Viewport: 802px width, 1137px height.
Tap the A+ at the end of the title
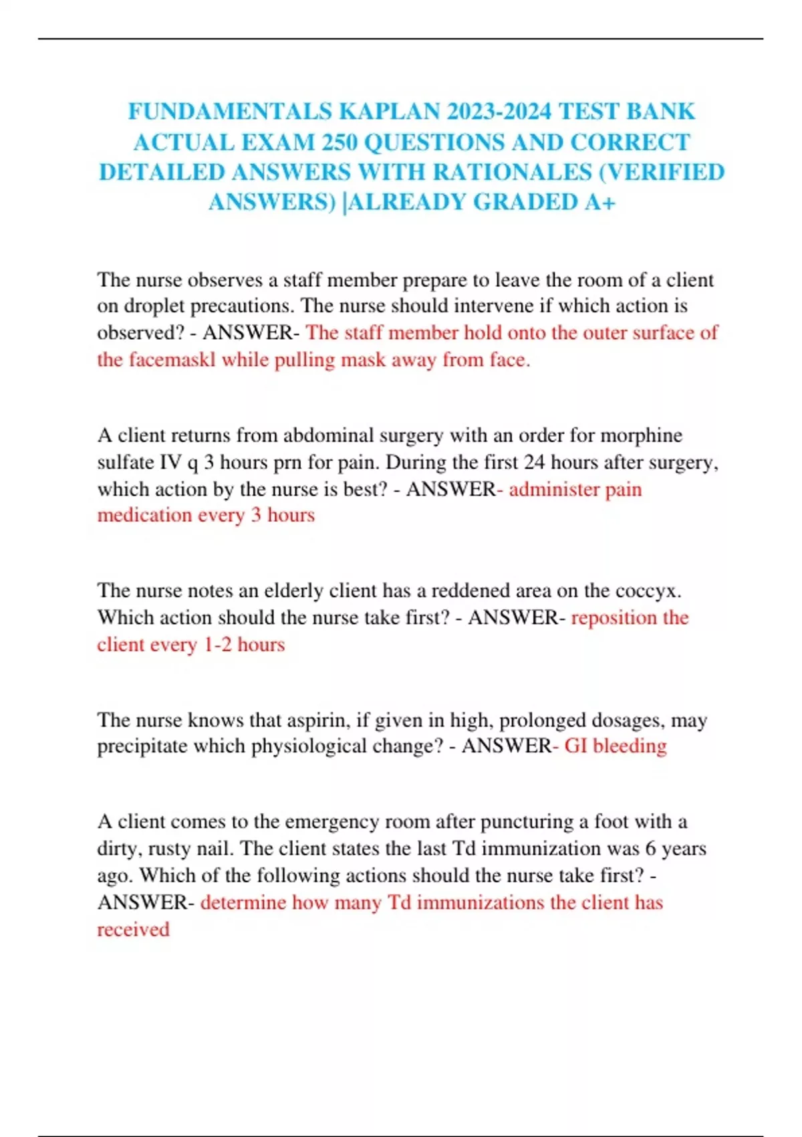click(599, 202)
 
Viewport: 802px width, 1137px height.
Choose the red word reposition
click(614, 617)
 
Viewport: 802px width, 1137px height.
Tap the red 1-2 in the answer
click(217, 644)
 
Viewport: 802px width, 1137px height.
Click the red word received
click(133, 929)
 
